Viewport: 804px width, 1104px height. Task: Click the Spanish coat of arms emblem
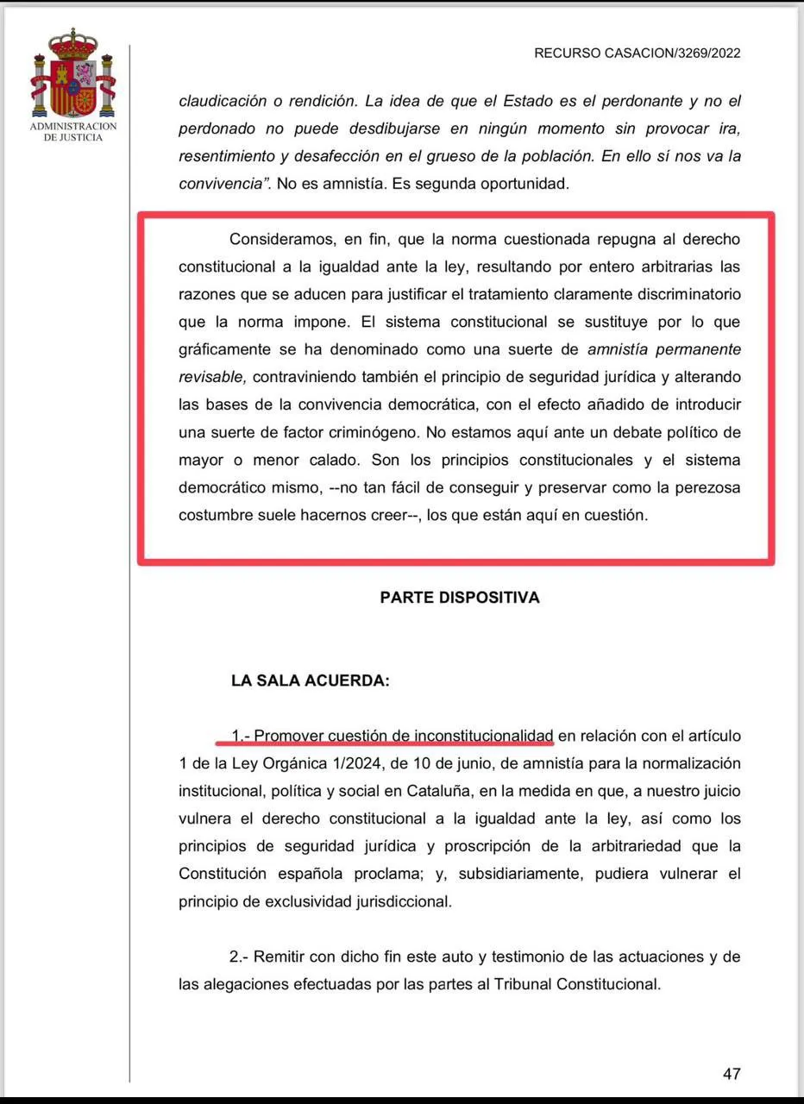73,76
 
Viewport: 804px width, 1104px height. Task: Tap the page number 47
732,1074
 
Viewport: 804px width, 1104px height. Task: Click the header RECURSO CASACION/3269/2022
637,53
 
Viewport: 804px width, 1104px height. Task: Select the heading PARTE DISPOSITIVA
460,598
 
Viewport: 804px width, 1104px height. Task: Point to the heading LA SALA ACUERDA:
311,681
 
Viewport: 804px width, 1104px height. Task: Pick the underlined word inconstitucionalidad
484,736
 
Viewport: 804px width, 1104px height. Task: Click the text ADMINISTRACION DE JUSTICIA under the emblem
73,132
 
